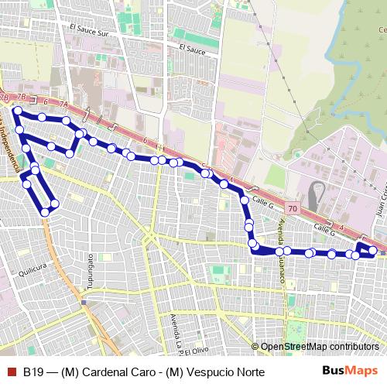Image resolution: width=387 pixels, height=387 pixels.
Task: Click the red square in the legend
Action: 10,372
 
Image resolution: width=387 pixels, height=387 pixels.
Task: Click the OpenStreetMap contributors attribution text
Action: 320,347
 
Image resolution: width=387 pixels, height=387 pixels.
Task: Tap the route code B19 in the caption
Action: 32,372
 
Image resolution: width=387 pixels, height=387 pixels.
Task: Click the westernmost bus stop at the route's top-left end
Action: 16,111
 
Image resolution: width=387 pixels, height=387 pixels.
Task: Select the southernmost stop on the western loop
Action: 45,211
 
